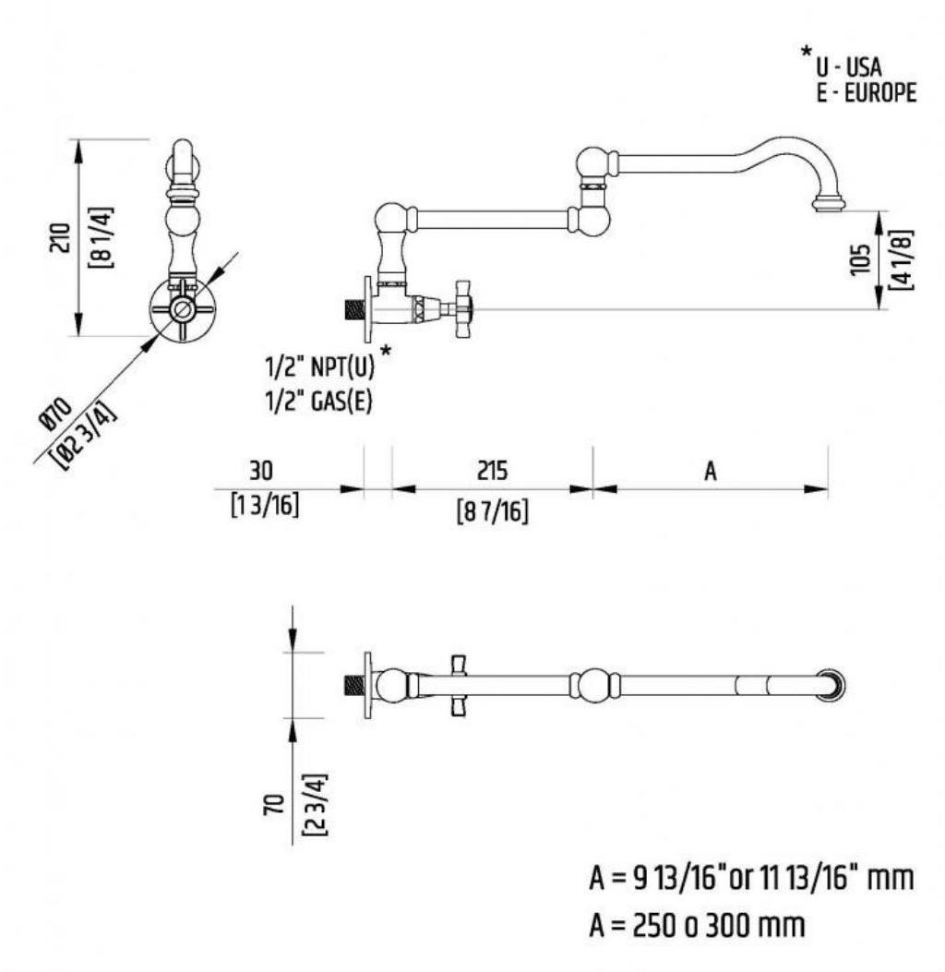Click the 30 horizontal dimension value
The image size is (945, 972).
261,471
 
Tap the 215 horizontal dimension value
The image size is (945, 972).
492,471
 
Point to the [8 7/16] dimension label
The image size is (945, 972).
493,510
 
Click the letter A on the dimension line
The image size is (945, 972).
711,472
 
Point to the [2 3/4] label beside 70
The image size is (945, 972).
314,802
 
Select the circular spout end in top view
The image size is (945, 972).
833,685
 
